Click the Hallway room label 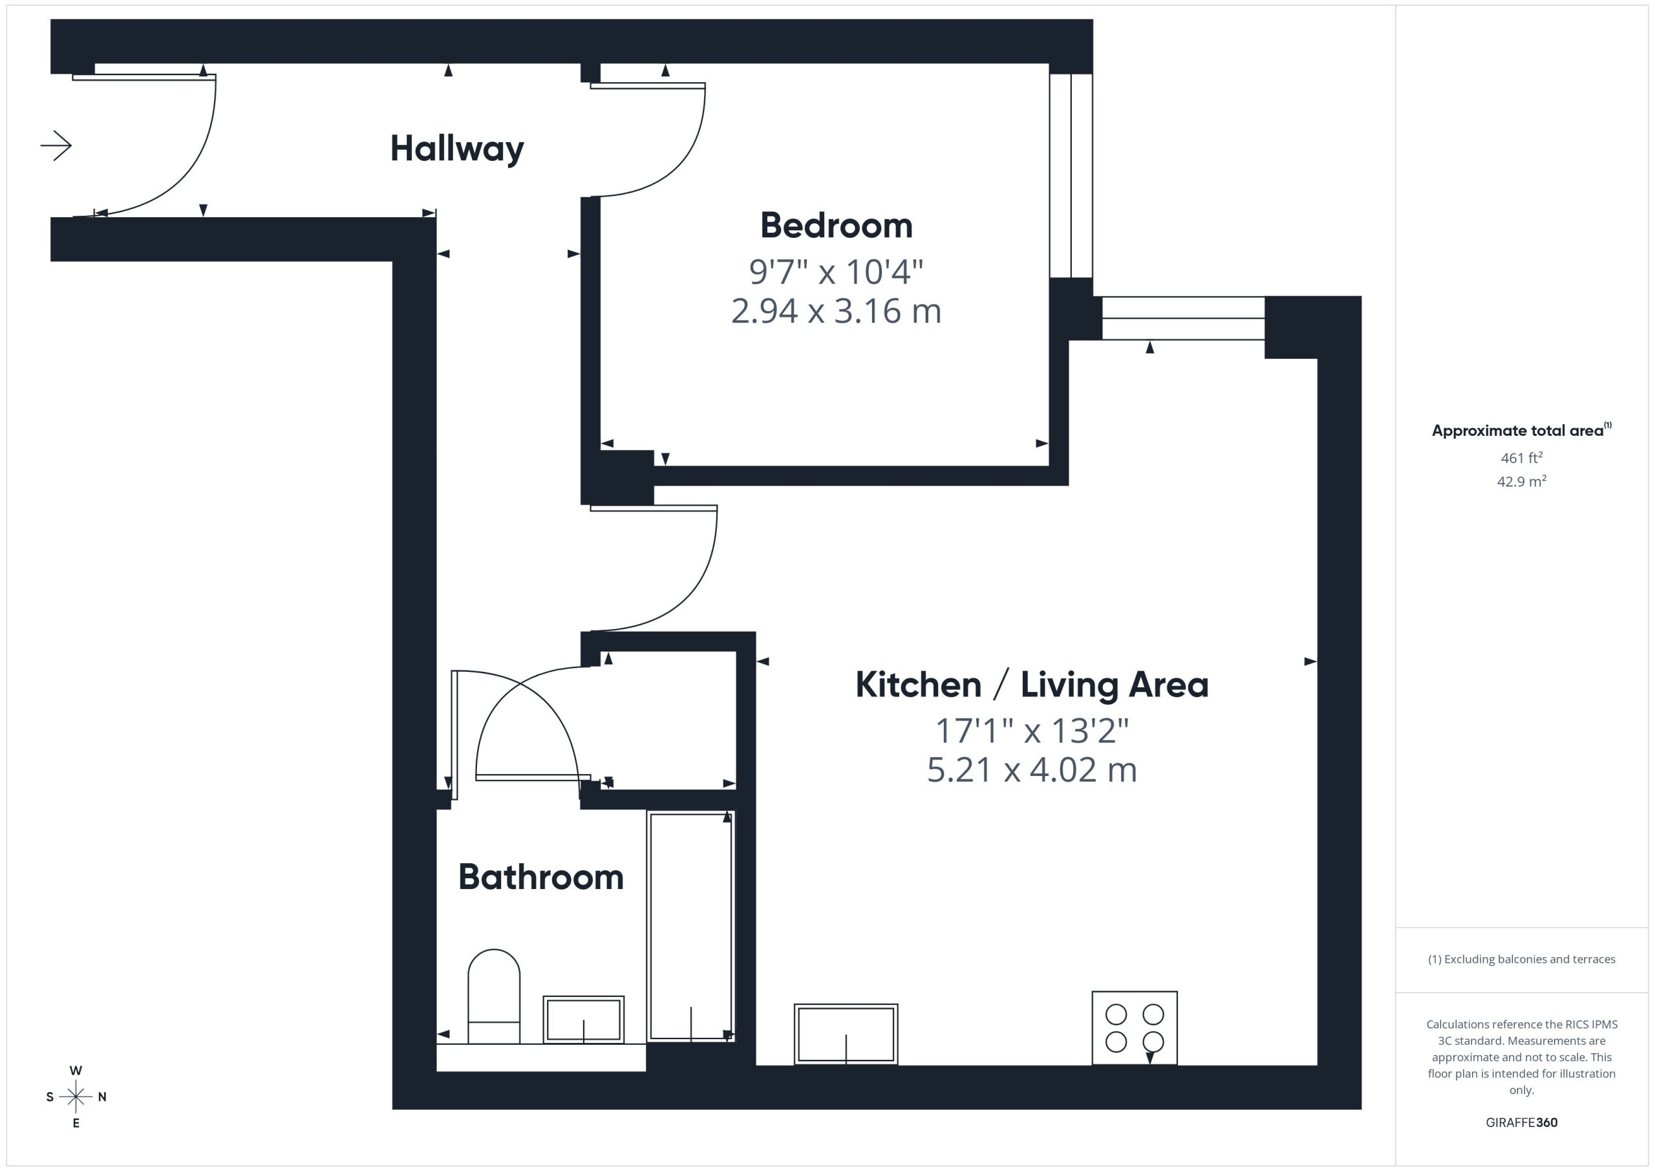457,149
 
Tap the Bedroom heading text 836,226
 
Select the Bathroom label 540,877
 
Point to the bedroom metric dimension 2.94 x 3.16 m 836,311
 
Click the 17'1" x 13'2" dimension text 1032,731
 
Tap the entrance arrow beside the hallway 56,145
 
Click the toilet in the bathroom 494,996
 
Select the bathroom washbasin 584,1020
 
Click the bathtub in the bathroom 690,927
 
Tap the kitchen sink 846,1034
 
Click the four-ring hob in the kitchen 1135,1027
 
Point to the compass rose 76,1097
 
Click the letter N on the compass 102,1097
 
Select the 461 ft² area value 1522,458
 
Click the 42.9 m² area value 1522,481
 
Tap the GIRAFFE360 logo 1522,1122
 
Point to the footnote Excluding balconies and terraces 1522,959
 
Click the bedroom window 1071,175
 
